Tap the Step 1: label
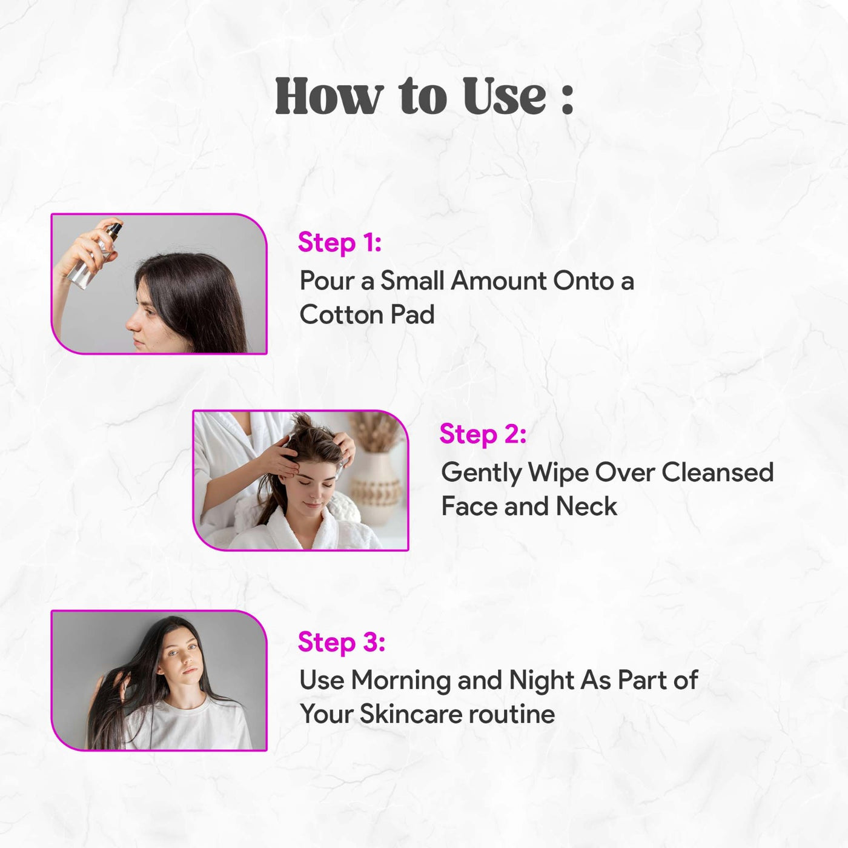click(339, 242)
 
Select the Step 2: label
click(483, 434)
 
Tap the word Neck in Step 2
click(586, 506)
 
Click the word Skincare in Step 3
click(411, 714)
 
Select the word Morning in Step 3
click(401, 681)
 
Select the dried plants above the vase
click(374, 432)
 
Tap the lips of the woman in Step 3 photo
click(190, 671)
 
